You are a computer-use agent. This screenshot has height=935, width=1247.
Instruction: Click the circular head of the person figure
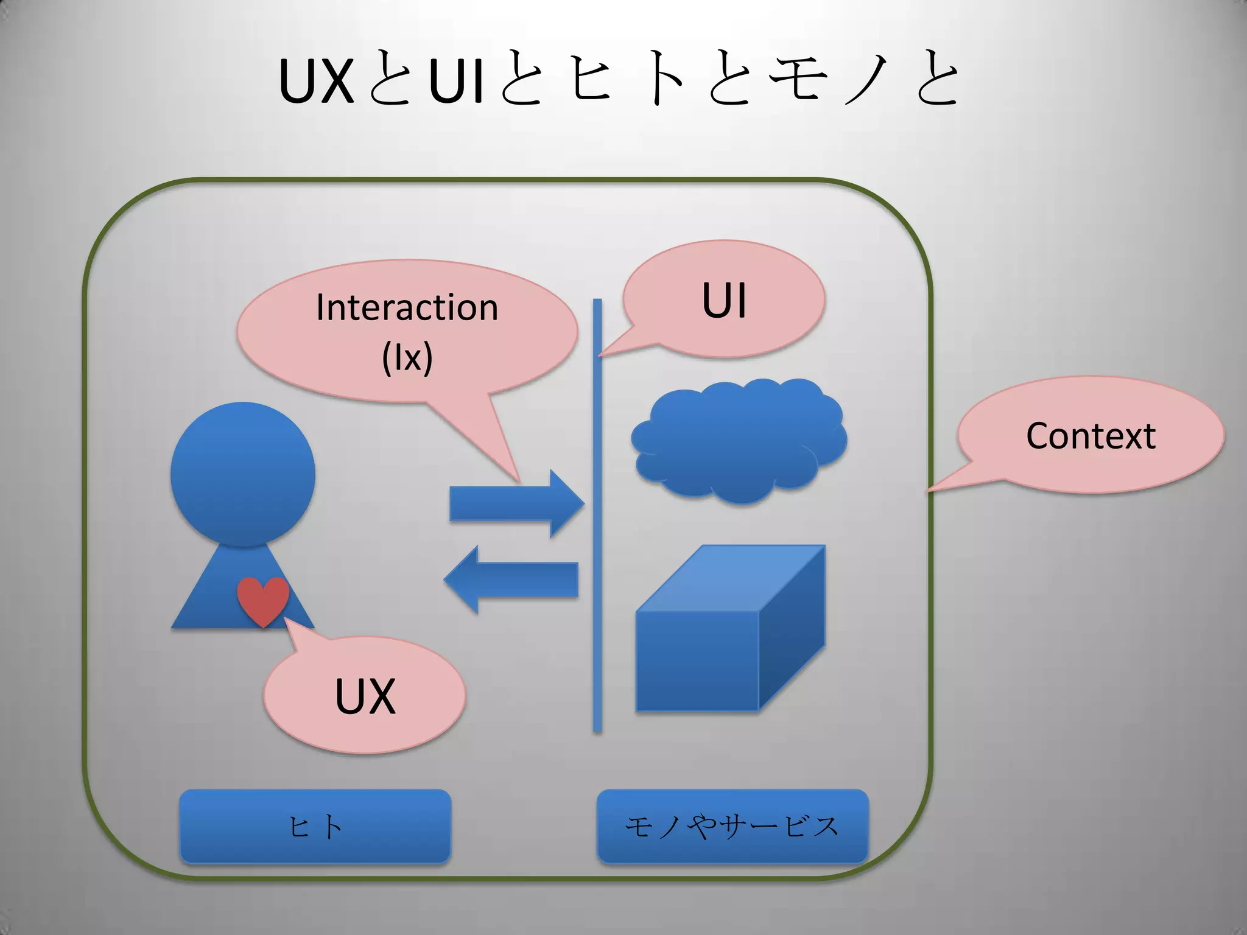[242, 474]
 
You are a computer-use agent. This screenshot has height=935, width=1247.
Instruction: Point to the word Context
[1091, 436]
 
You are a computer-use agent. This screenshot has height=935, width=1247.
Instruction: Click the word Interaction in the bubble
[407, 307]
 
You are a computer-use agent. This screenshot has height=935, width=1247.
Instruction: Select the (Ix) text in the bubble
[407, 357]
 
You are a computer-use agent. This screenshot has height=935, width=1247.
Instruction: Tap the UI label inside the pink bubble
[724, 300]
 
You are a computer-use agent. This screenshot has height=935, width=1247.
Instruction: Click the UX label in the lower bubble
[365, 696]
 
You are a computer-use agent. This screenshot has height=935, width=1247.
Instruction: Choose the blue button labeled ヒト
[315, 826]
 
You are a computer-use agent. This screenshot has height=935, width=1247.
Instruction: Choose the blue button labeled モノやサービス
[732, 826]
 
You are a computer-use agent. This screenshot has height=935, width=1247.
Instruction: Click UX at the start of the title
[316, 82]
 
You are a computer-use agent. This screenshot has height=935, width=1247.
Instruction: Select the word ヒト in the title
[627, 82]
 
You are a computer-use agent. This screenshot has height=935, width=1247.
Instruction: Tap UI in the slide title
[456, 82]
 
